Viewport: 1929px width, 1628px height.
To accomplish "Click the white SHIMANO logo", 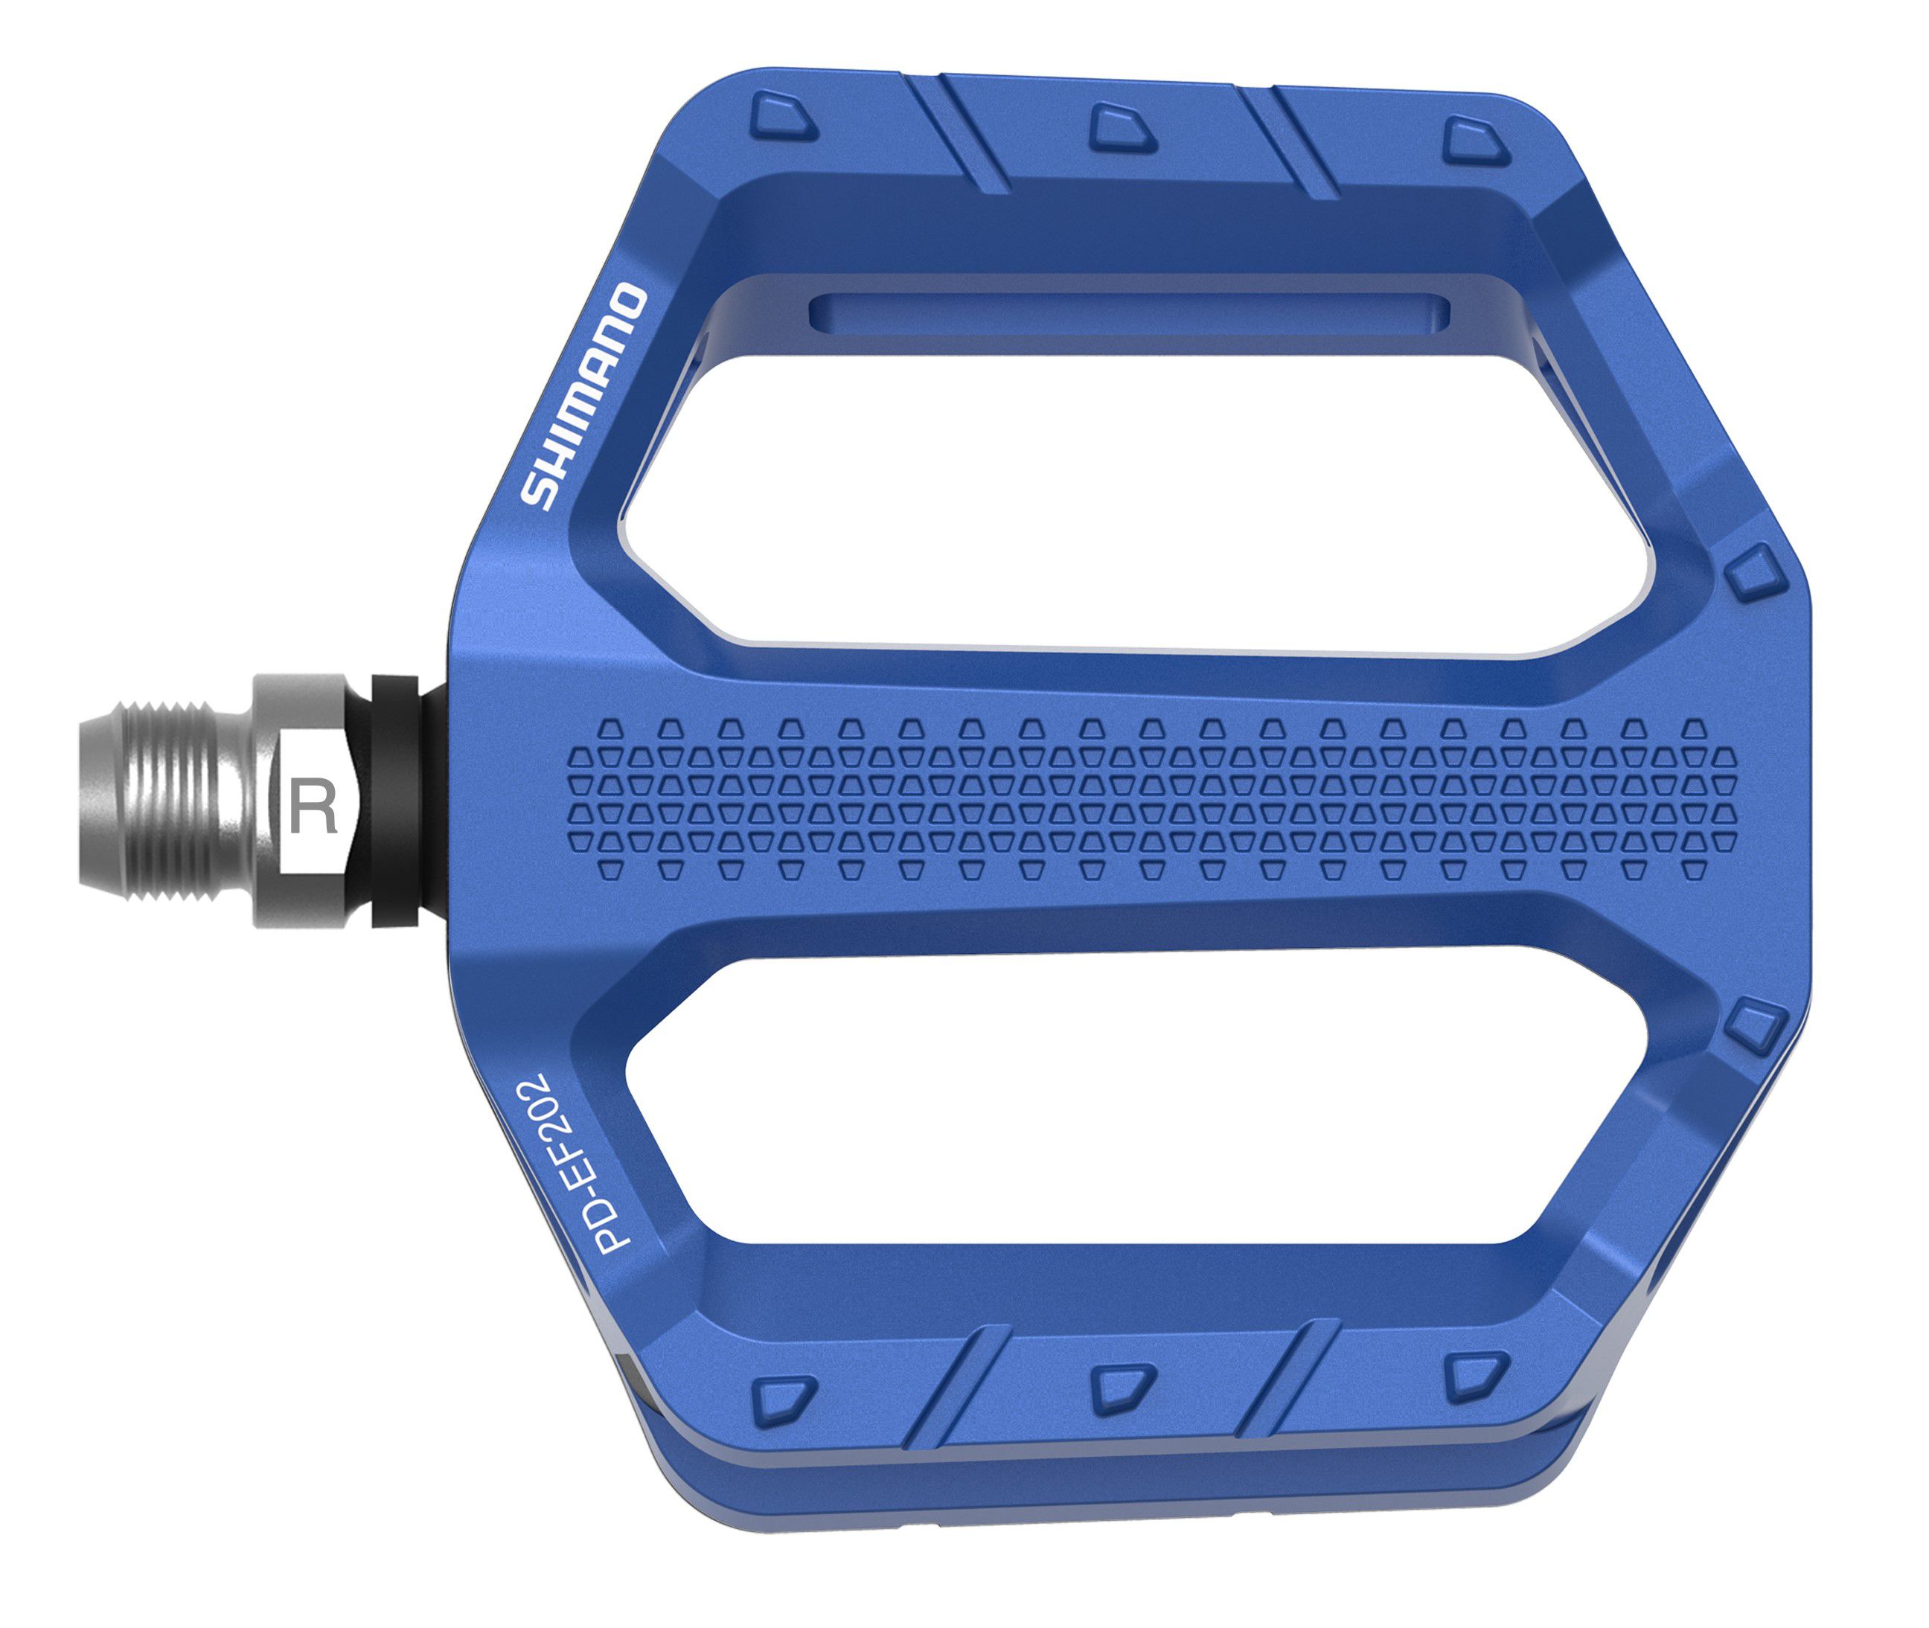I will (x=583, y=397).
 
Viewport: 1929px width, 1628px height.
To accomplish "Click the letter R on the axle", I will (x=313, y=807).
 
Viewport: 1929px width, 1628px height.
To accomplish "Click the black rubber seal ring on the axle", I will (x=394, y=801).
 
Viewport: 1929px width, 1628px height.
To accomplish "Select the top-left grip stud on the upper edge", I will (x=783, y=118).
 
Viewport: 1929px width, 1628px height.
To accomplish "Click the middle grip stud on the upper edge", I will (x=1122, y=128).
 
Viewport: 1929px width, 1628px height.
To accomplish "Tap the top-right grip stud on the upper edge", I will (x=1475, y=141).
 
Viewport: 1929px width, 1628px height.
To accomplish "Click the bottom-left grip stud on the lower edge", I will (x=783, y=1401).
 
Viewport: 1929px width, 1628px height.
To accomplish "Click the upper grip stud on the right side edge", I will (x=1752, y=571).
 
